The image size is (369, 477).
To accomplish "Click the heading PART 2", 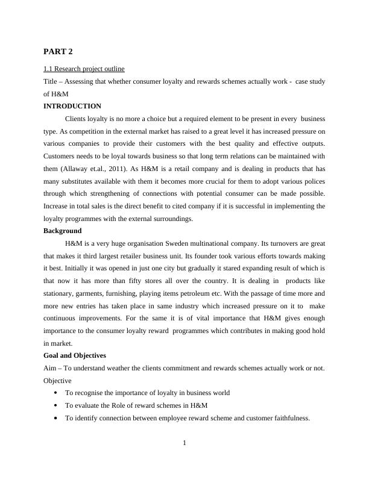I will pyautogui.click(x=58, y=51).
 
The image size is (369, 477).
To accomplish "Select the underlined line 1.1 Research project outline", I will pyautogui.click(x=84, y=69).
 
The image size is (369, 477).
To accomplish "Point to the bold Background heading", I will pyautogui.click(x=63, y=231).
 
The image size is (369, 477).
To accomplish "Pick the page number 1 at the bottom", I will pyautogui.click(x=184, y=444).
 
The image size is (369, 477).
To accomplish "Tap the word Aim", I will pyautogui.click(x=51, y=368).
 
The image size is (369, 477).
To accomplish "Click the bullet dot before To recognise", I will pyautogui.click(x=55, y=393).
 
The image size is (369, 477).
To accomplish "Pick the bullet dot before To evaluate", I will pyautogui.click(x=55, y=405).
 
